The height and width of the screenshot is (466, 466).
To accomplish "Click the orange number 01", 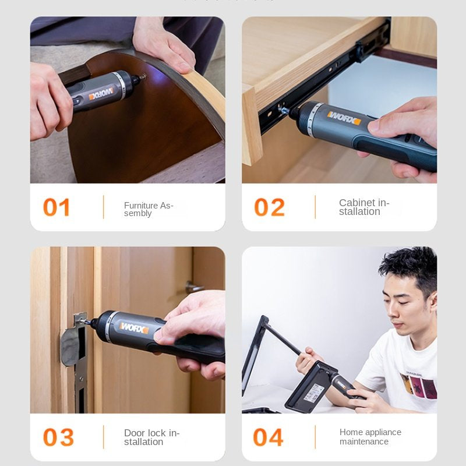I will (57, 207).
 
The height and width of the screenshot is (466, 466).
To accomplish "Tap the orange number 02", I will (269, 207).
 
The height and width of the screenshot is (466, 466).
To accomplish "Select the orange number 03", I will (58, 437).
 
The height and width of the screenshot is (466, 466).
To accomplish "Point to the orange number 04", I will (268, 437).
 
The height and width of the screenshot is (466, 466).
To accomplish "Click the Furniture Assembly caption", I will (149, 209).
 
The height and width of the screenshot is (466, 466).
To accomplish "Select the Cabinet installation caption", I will (363, 207).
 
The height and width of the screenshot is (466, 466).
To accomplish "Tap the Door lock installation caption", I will (151, 437).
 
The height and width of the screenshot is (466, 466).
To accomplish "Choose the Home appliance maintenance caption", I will (370, 437).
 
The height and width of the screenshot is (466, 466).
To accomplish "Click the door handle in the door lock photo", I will (195, 287).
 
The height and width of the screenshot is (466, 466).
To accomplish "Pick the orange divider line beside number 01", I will (104, 207).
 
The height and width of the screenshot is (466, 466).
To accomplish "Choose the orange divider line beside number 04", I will (315, 437).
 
